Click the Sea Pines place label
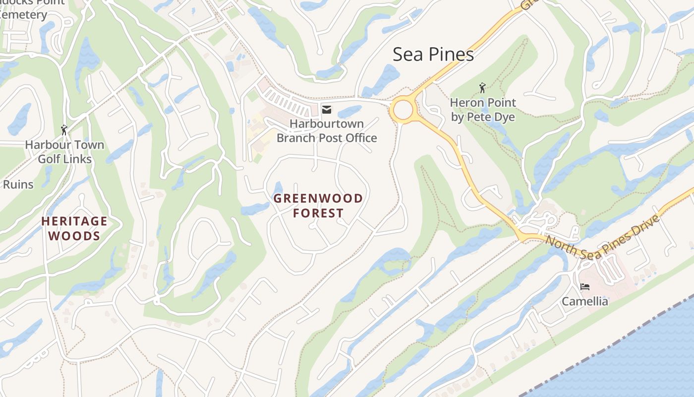pos(433,55)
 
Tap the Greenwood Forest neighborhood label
pos(318,205)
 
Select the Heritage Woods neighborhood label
pos(74,228)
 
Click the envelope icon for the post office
pos(326,110)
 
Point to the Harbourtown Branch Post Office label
pos(327,131)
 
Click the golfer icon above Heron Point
pos(482,88)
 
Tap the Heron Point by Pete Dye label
pos(483,110)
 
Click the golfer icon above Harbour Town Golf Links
pos(64,131)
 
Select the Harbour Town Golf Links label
pos(64,152)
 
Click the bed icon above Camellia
pos(585,287)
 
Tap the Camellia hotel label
pos(585,301)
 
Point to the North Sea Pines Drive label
pos(602,237)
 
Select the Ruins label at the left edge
pos(18,185)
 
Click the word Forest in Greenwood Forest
pos(318,213)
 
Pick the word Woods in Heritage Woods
pos(75,236)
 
